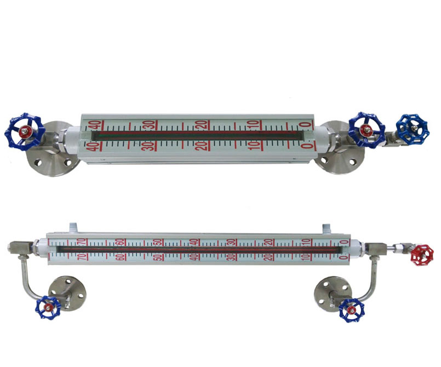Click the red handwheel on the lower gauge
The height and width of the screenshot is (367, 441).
tap(422, 255)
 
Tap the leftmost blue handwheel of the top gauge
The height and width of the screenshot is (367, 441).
tap(25, 131)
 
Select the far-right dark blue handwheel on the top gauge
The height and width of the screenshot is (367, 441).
tap(412, 129)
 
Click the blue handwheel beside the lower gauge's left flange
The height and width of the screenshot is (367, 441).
tap(48, 307)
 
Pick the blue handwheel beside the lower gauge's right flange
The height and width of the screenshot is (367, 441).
tap(352, 310)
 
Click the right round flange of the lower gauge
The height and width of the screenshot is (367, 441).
tap(333, 294)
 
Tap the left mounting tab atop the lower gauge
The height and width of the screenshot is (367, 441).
tap(73, 228)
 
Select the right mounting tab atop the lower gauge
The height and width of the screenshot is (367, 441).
tap(327, 228)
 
